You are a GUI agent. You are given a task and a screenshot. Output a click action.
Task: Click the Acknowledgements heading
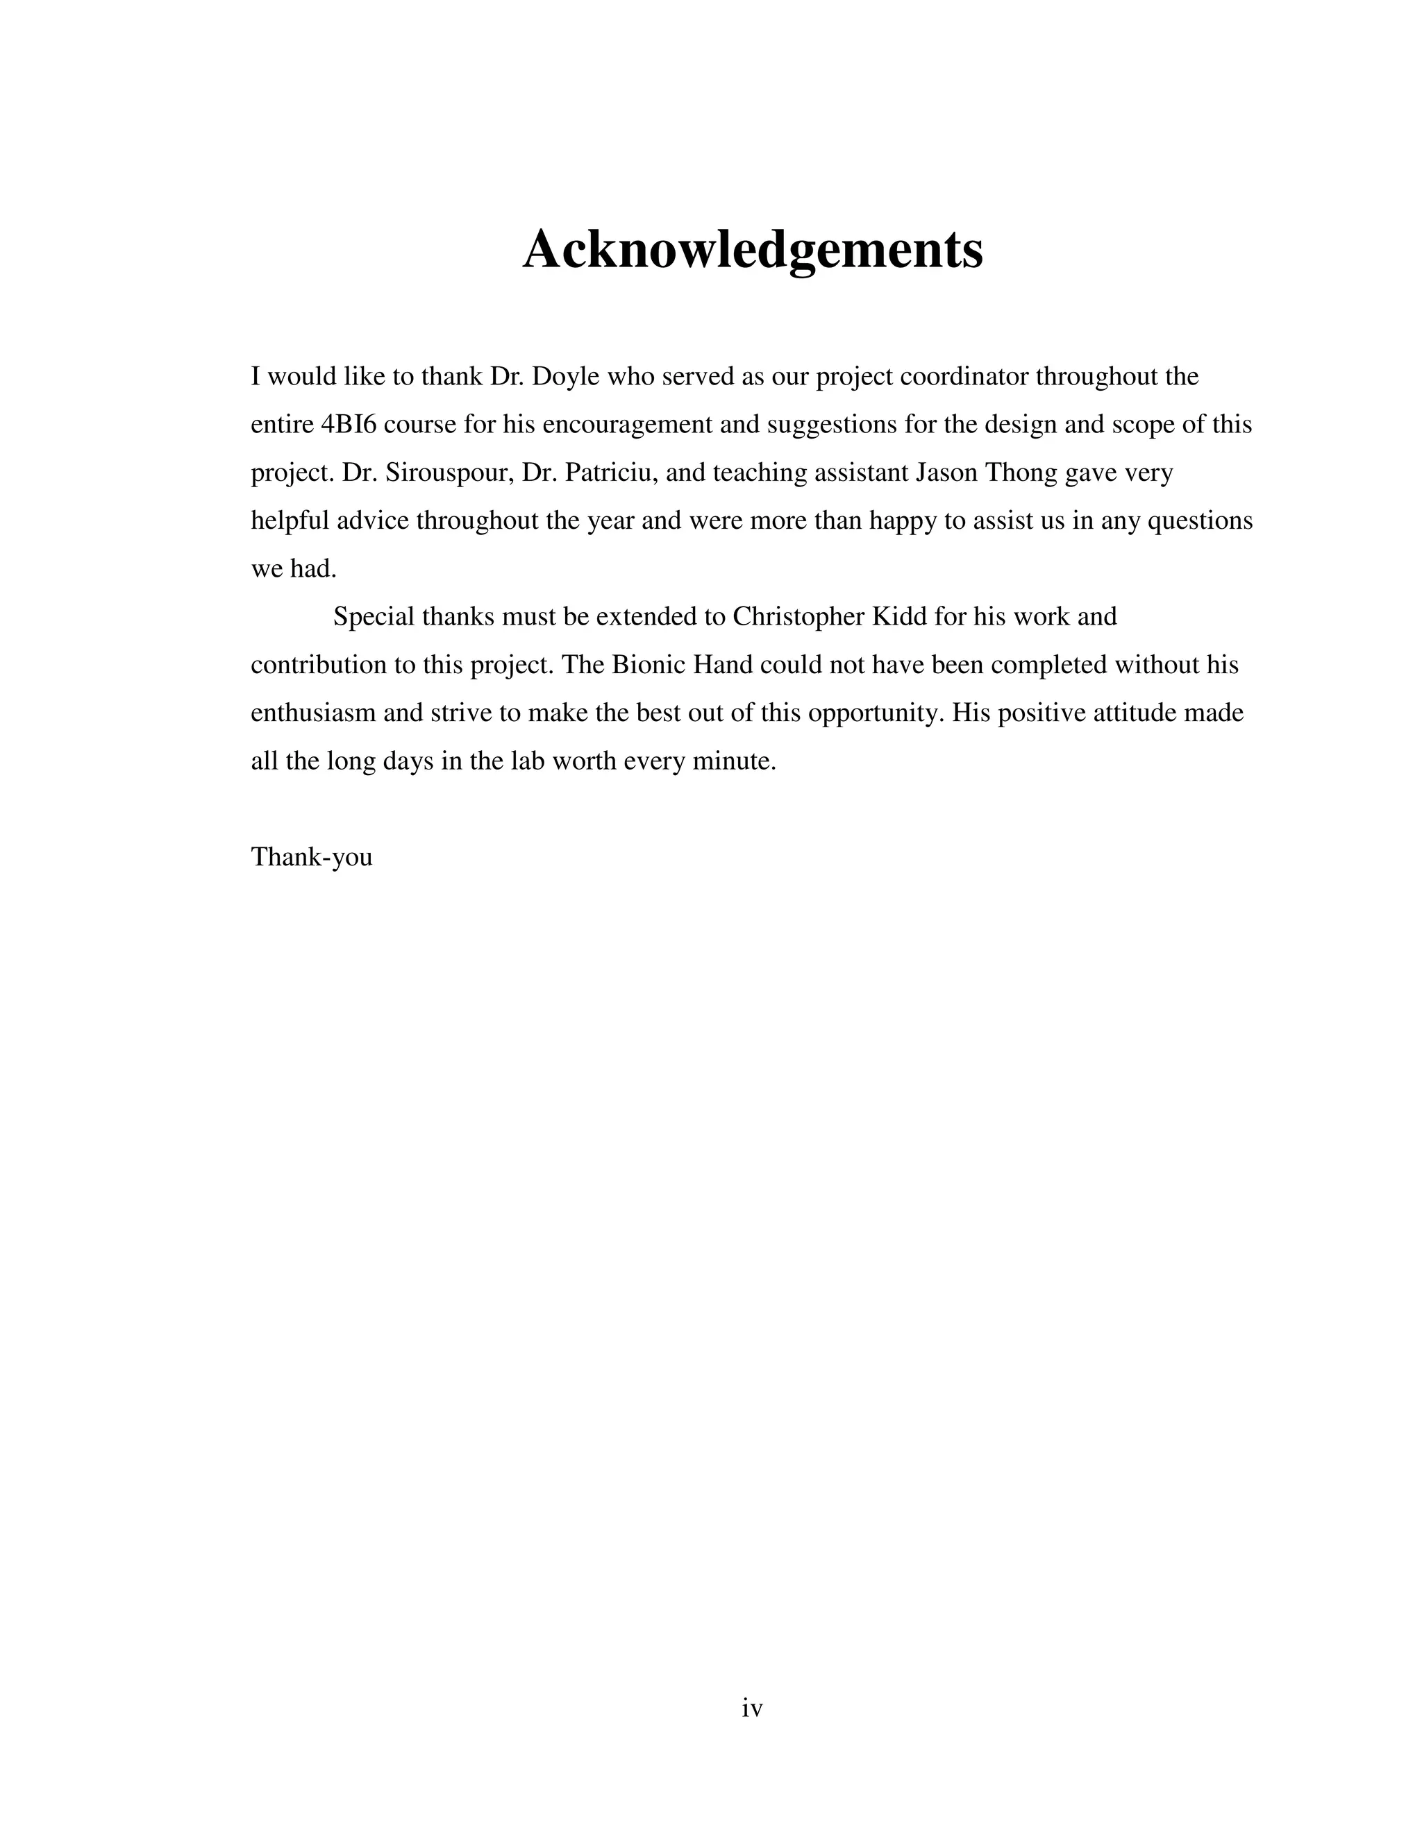pos(752,249)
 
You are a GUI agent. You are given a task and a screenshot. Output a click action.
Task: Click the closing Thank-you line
pos(312,858)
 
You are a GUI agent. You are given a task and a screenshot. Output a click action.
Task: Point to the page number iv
pos(752,1709)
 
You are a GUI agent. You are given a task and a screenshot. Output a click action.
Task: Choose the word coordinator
pos(964,376)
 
